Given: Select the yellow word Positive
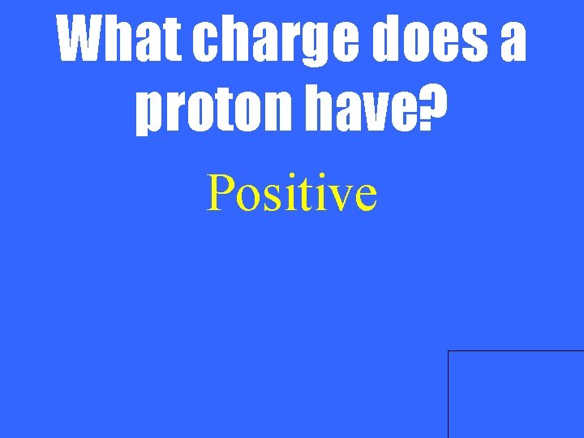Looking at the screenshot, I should tap(291, 194).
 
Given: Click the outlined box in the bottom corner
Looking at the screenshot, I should tap(516, 394).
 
